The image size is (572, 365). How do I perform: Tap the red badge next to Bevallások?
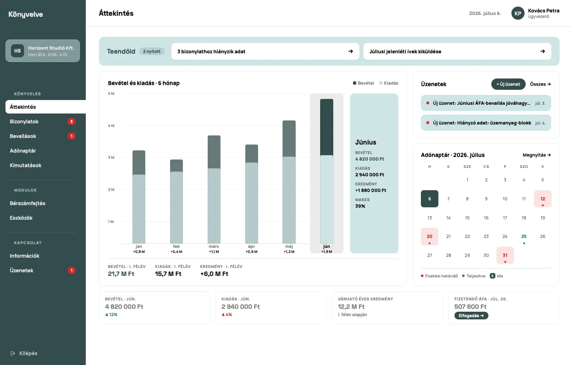pos(72,136)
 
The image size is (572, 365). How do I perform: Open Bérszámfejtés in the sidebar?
pos(28,203)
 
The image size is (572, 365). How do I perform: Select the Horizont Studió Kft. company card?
pos(43,51)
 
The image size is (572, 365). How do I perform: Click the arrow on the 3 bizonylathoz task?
pos(350,51)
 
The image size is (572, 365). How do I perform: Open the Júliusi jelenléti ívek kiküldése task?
pos(457,51)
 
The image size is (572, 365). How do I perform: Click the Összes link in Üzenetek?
pos(540,84)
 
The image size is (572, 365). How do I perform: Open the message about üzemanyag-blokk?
pos(486,123)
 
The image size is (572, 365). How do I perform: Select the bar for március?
pos(214,189)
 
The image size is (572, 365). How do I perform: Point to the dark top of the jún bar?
pos(327,127)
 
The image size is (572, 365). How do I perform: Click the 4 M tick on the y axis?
pos(111,126)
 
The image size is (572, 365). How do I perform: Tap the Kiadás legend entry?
pos(389,83)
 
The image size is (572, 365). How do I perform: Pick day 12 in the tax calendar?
pos(543,199)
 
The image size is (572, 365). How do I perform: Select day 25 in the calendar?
pos(524,237)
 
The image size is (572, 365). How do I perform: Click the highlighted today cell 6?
pos(430,199)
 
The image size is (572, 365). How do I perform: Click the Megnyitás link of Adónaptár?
pos(537,155)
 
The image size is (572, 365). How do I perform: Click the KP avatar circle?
pos(518,13)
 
